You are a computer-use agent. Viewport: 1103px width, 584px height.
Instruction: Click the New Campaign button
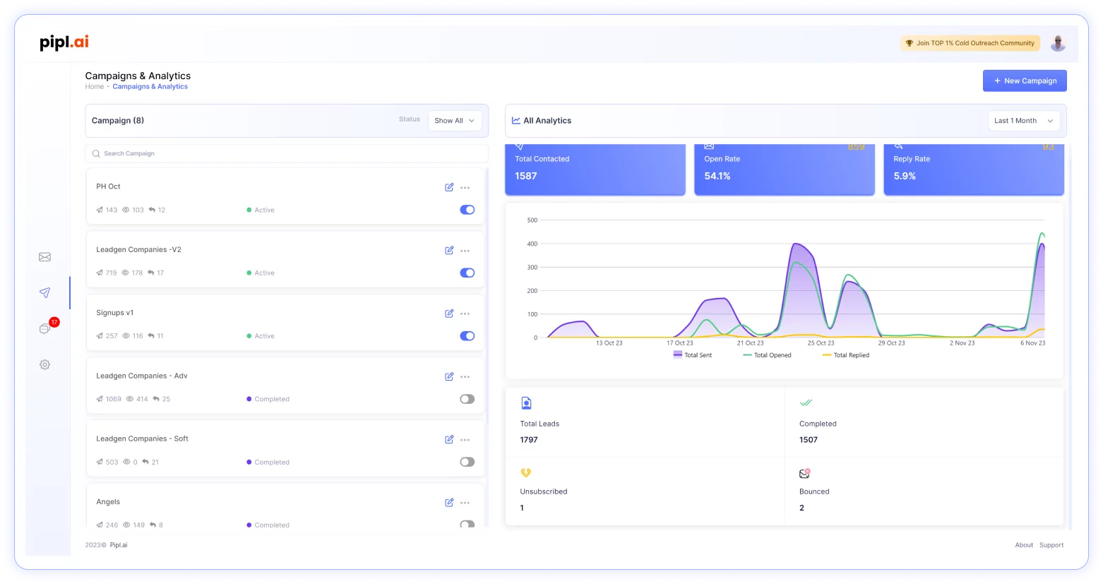click(1024, 81)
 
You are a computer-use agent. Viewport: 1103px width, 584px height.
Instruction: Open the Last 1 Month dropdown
click(1023, 121)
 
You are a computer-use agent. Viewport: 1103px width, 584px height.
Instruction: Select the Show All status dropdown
click(454, 121)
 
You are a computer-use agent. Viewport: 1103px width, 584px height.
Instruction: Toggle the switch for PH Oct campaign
click(467, 210)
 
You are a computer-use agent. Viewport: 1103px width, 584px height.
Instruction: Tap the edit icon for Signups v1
click(449, 314)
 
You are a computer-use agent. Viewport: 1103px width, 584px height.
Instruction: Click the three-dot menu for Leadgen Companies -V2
click(465, 251)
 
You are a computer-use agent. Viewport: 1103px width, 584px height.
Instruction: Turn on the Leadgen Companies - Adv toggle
click(467, 399)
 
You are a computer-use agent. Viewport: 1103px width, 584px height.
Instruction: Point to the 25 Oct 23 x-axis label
click(821, 343)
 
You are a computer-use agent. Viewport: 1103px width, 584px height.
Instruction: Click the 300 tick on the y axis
click(532, 268)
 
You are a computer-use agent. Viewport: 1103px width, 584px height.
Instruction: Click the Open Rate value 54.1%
click(717, 176)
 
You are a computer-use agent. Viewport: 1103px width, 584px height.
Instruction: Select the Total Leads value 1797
click(529, 440)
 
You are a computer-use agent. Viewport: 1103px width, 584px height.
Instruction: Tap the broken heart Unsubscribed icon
click(525, 473)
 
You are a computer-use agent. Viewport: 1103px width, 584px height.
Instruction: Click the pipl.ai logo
click(64, 42)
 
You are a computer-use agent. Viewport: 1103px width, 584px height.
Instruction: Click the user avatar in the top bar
click(1057, 43)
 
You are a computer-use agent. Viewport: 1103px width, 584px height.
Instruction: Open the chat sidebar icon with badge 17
click(45, 328)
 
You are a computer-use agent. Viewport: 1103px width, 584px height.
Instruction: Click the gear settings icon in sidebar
click(44, 364)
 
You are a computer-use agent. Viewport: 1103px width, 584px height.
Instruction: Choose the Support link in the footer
click(1051, 545)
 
